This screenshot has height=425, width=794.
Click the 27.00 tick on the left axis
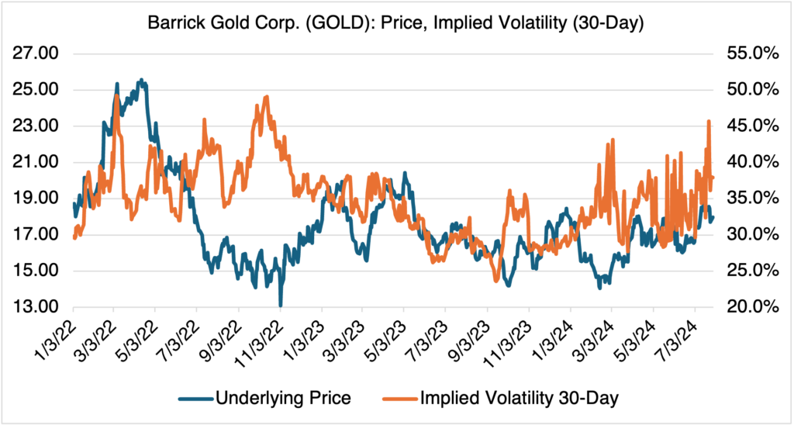(x=37, y=54)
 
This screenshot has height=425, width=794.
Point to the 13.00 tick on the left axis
(x=37, y=307)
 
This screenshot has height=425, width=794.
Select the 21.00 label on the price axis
(x=37, y=162)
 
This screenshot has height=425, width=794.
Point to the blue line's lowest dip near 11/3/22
(x=280, y=305)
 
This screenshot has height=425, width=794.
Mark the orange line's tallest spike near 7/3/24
(x=709, y=122)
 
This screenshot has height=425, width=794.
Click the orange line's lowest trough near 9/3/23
(x=496, y=281)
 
